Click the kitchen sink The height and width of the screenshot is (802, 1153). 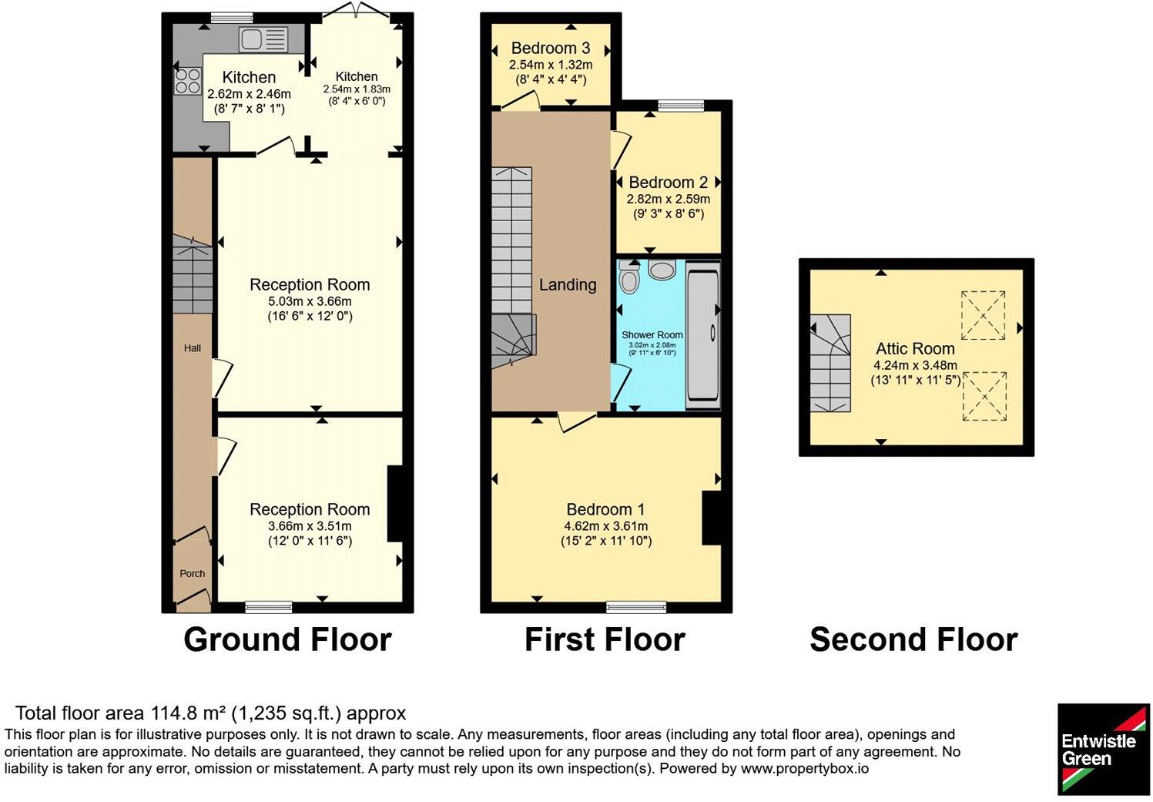263,39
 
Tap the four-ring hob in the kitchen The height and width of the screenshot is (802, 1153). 187,82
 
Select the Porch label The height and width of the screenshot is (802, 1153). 192,573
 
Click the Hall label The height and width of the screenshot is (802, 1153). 192,348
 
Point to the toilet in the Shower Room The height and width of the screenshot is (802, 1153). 628,277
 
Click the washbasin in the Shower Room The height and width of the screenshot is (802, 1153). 662,269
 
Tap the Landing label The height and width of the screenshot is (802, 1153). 568,284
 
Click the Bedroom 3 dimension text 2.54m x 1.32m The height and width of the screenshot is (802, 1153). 551,65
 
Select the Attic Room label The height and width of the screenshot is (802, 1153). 915,348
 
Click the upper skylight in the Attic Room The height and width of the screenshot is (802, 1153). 983,315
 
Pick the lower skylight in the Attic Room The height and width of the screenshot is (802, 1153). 984,396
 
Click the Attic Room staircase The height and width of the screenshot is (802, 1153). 830,364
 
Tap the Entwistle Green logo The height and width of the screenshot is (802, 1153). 1103,750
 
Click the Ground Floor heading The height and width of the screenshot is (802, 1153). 288,639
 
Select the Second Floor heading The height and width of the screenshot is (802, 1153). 913,639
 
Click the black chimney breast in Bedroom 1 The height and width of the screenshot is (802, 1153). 712,518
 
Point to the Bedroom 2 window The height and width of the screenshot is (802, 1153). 681,106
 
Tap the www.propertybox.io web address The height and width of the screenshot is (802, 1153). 805,769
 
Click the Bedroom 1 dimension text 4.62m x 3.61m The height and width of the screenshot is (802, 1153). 606,526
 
